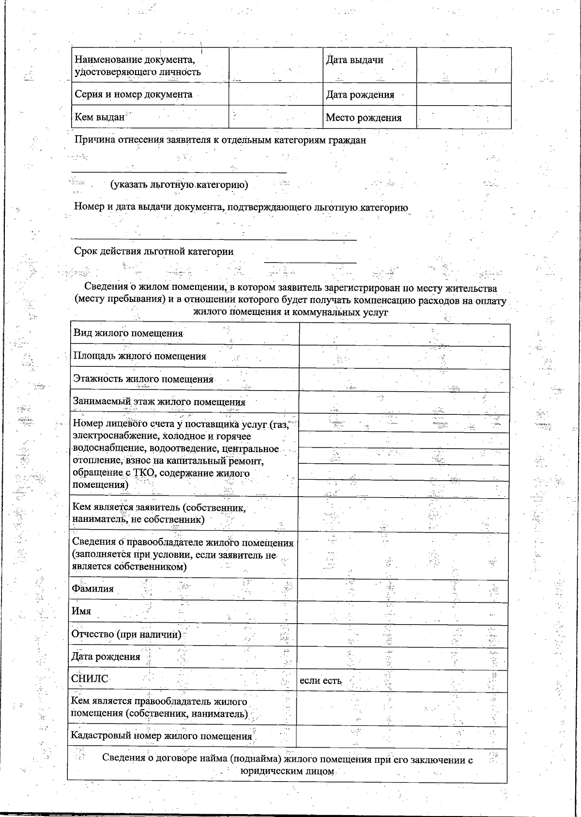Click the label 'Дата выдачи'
click(354, 60)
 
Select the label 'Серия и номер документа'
click(133, 94)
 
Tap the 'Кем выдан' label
click(99, 117)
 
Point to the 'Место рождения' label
click(364, 118)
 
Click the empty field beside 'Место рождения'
click(463, 117)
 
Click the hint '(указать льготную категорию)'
click(179, 185)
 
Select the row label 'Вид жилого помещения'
click(128, 333)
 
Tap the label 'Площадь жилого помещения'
click(139, 356)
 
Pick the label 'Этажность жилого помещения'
click(143, 379)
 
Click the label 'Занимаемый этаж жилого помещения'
click(159, 402)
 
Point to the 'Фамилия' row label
click(92, 589)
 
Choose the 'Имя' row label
click(81, 611)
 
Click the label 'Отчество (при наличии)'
click(126, 634)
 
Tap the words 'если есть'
click(321, 680)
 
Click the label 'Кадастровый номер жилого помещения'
click(161, 736)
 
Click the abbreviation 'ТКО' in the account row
click(143, 473)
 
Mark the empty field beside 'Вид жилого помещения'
click(404, 334)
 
